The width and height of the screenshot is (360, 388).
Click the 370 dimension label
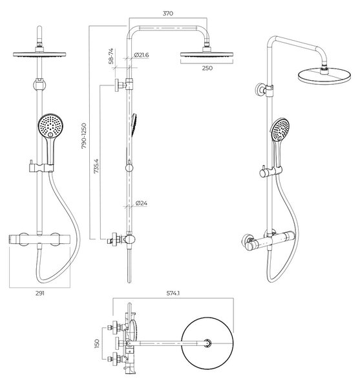point(168,14)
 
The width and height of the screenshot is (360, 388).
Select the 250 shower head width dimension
point(207,68)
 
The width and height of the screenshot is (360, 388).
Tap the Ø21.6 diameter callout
point(142,55)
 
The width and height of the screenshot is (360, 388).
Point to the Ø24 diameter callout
point(142,203)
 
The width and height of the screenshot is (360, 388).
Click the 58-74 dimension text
point(111,56)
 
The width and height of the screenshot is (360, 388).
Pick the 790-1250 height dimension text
point(84,136)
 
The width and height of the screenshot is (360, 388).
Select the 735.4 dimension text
point(96,166)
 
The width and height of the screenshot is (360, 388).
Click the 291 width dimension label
point(40,294)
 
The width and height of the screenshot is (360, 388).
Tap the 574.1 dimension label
point(173,294)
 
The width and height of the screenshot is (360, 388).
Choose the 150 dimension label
point(97,343)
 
